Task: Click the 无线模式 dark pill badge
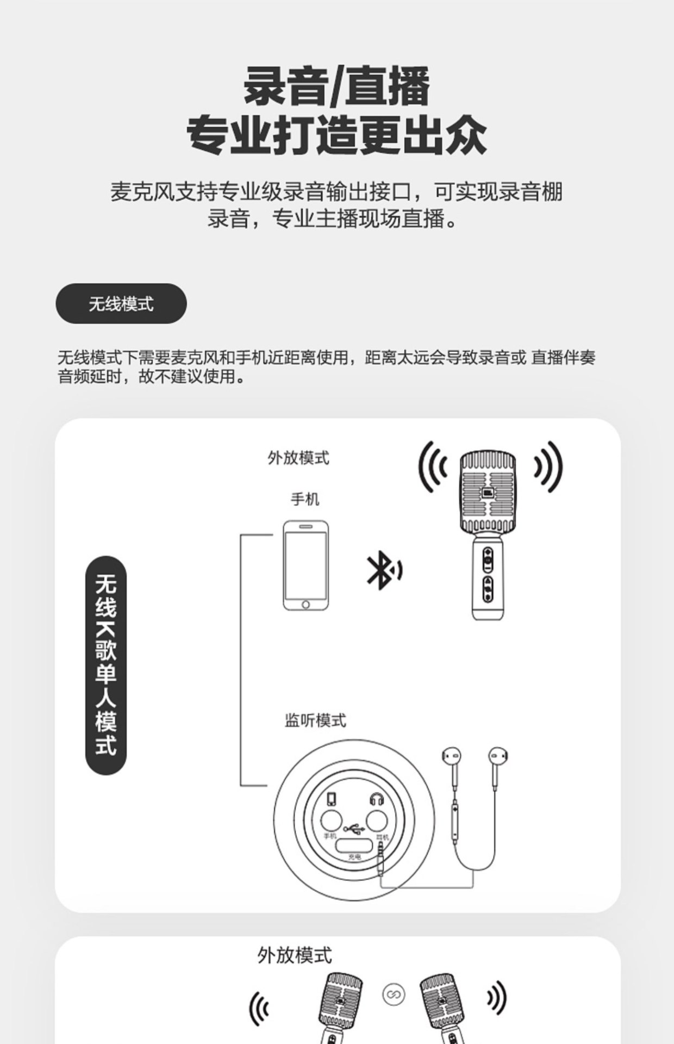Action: click(121, 303)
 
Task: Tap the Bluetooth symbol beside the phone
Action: click(383, 570)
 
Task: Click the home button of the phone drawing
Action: click(305, 605)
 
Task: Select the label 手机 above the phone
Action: click(305, 499)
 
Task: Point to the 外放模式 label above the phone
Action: click(298, 458)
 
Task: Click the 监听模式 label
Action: click(315, 720)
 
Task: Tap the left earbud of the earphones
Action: click(452, 756)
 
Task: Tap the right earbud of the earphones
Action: click(498, 756)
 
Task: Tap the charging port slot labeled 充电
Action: click(354, 846)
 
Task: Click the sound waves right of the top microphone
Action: click(547, 467)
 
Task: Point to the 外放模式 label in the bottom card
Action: click(295, 955)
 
